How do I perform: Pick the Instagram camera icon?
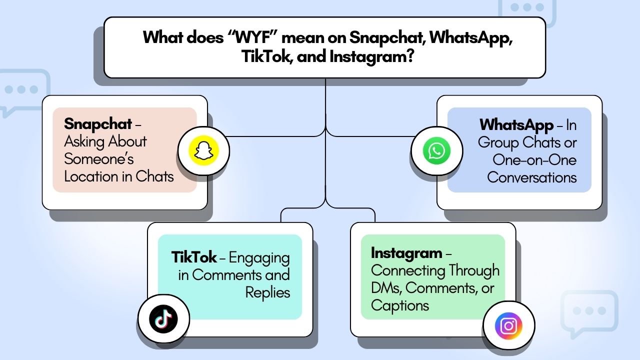click(x=508, y=326)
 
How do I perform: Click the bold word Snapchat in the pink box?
click(x=98, y=124)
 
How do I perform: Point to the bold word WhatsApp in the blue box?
click(x=516, y=125)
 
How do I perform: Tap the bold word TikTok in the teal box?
click(x=194, y=257)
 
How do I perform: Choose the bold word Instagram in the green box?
click(x=406, y=253)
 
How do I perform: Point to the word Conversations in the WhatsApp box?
click(x=532, y=177)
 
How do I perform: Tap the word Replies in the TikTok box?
click(x=267, y=292)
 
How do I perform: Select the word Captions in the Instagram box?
click(x=400, y=305)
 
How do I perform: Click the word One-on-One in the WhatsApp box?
click(x=534, y=160)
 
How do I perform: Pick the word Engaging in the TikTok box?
click(x=259, y=258)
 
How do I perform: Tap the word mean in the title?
click(x=310, y=37)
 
